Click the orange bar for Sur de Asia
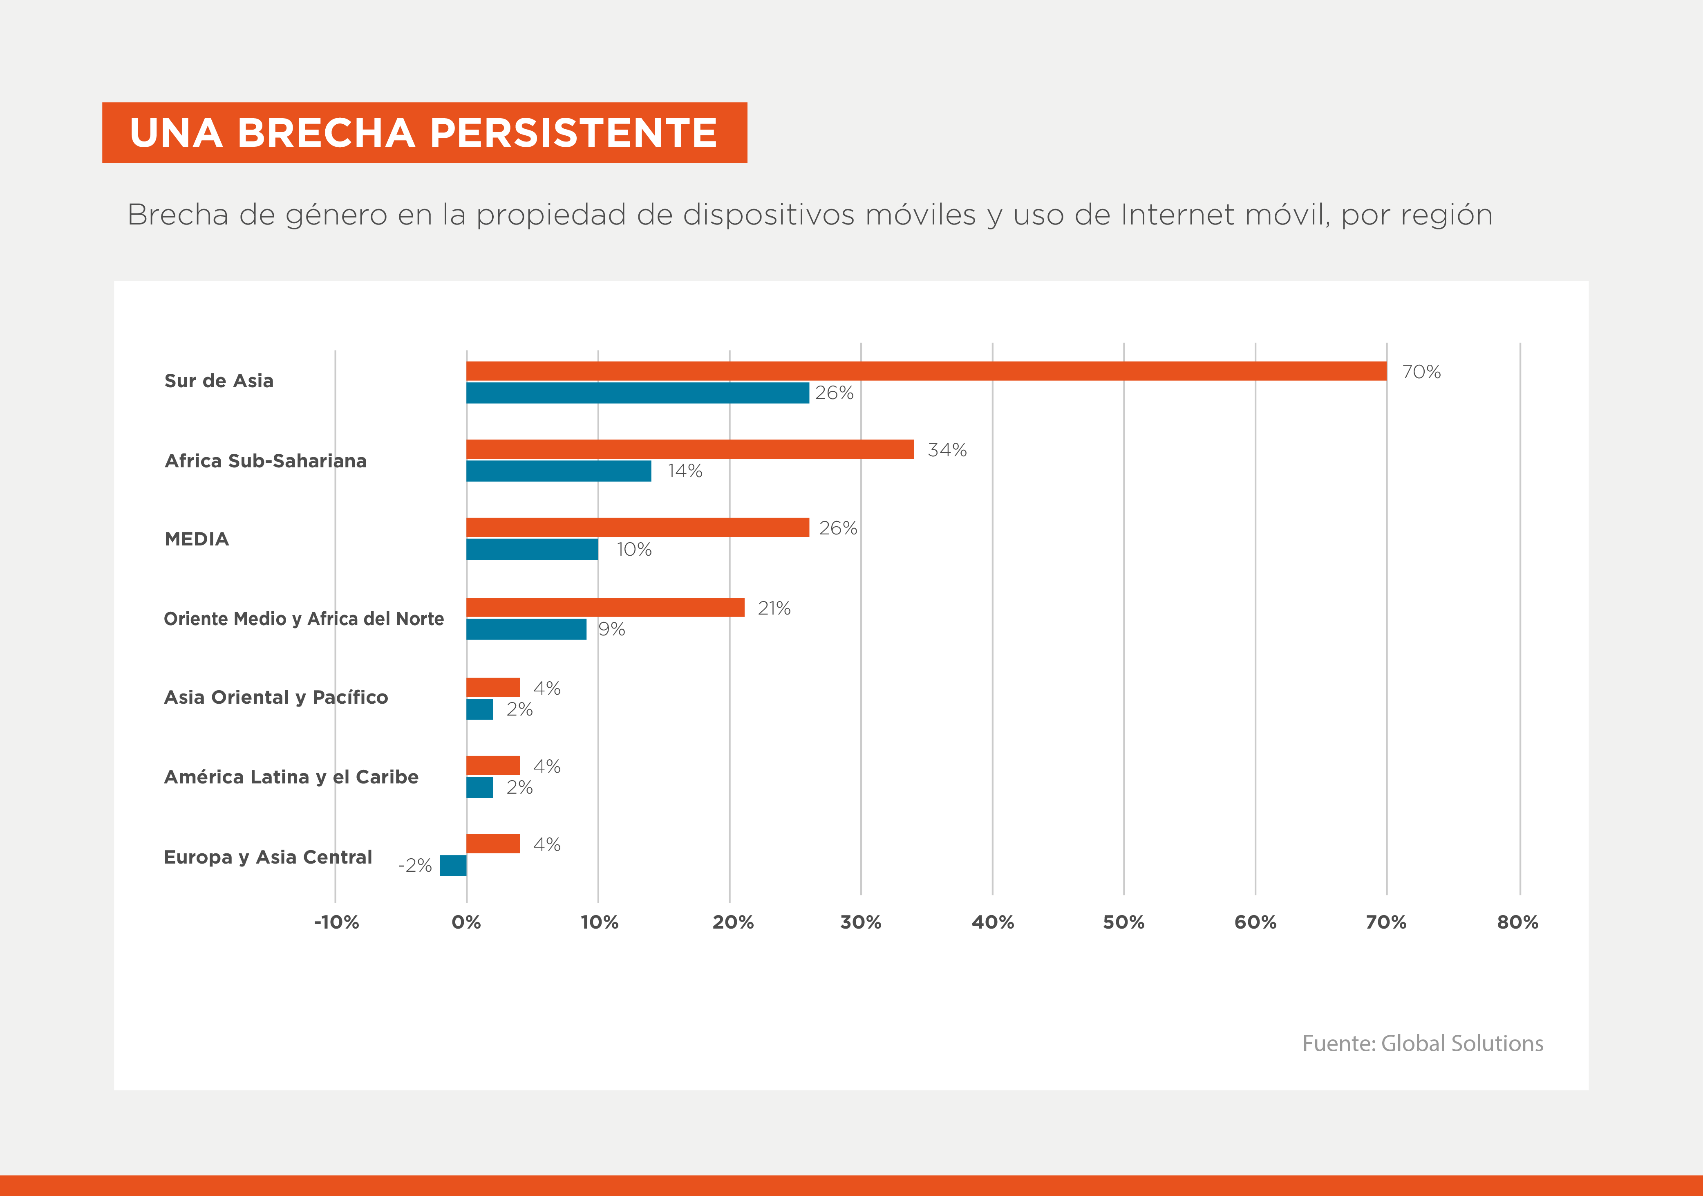(x=926, y=371)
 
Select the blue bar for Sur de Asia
(x=637, y=393)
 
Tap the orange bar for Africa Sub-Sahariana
(x=690, y=449)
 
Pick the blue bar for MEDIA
(x=532, y=549)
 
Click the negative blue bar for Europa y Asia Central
(x=453, y=865)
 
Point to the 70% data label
(x=1421, y=372)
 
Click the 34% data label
(x=947, y=450)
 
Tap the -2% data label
(x=415, y=865)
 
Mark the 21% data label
(x=774, y=608)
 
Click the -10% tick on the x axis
(x=336, y=922)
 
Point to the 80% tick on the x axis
(x=1517, y=922)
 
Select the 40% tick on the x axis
(x=992, y=922)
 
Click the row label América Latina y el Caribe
(x=291, y=777)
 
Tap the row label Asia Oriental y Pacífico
(x=276, y=698)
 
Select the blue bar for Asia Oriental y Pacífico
(x=479, y=709)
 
